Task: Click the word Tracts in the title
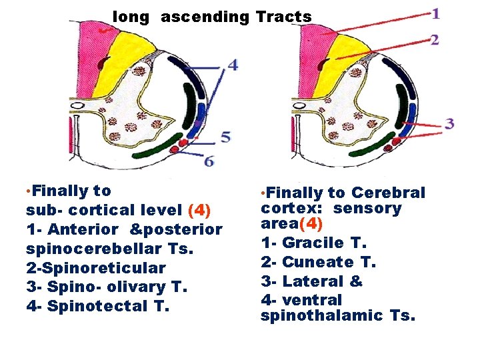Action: pos(283,17)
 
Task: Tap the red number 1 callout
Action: pos(435,13)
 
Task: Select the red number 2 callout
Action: pos(435,40)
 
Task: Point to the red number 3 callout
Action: pos(450,123)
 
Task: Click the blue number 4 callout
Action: pos(232,65)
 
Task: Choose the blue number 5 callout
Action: pos(226,138)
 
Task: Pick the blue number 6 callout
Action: pos(209,161)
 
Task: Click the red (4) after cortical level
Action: pos(200,211)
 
